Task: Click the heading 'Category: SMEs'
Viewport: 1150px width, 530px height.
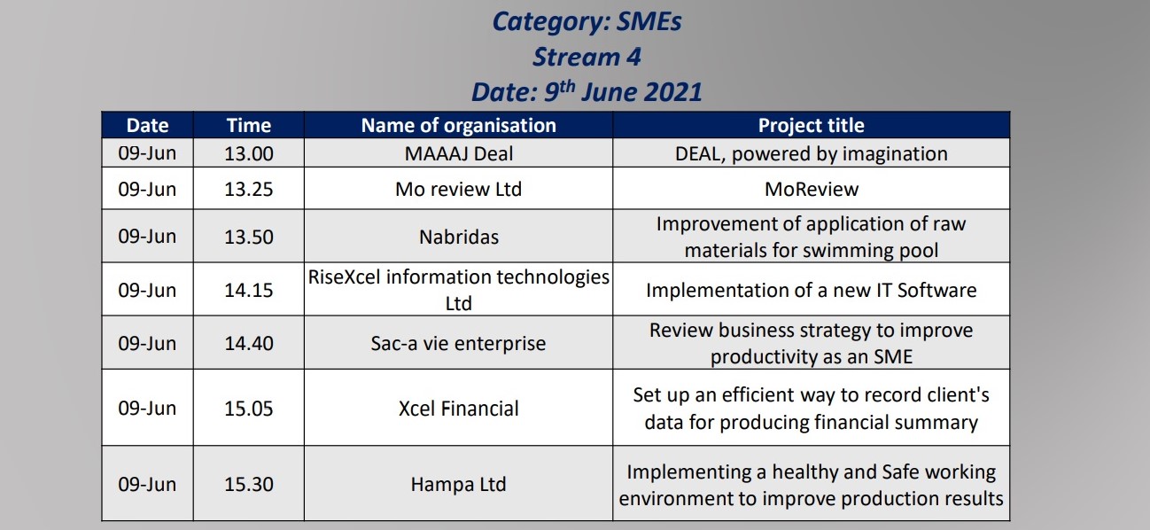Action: [587, 21]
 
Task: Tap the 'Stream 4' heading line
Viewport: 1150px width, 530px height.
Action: [587, 57]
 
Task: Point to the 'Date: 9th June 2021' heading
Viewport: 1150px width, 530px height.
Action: [587, 91]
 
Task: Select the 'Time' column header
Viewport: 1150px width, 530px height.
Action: [249, 125]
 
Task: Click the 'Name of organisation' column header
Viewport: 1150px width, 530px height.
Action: [458, 125]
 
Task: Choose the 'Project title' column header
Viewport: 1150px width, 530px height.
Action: [812, 125]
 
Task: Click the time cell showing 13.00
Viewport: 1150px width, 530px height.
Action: [249, 153]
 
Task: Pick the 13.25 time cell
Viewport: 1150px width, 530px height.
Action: [249, 189]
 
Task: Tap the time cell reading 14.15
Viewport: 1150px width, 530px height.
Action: [249, 290]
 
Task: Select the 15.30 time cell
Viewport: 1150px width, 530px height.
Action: [249, 484]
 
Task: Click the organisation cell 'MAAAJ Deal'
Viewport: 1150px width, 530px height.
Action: [458, 153]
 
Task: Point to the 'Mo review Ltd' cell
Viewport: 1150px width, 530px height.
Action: [458, 189]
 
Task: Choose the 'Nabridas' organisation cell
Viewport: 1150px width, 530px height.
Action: [458, 237]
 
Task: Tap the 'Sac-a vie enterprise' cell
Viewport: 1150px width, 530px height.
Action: [458, 343]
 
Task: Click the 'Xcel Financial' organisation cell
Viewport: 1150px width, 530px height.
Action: [458, 409]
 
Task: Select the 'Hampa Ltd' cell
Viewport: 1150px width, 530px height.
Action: [458, 484]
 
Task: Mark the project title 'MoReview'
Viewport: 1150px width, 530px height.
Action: [812, 189]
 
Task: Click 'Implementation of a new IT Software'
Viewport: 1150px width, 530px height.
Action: [812, 290]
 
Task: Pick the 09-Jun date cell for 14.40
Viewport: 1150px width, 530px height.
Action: [147, 343]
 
